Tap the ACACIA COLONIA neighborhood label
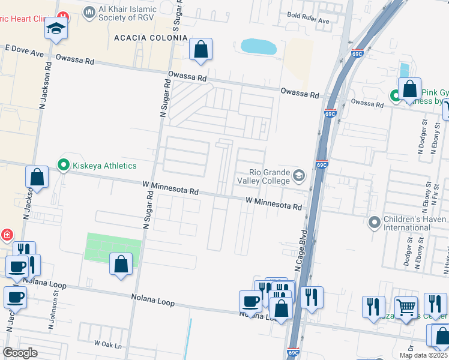(x=142, y=38)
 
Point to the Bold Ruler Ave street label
(x=309, y=20)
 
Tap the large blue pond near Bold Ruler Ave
(x=258, y=46)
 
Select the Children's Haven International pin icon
(x=375, y=223)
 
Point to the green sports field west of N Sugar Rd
(x=114, y=247)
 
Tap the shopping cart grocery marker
(x=406, y=307)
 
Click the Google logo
(x=20, y=352)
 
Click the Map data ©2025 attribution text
(x=423, y=355)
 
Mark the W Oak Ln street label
(x=107, y=345)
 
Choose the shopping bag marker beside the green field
(x=121, y=264)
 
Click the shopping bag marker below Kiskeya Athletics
(x=37, y=178)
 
